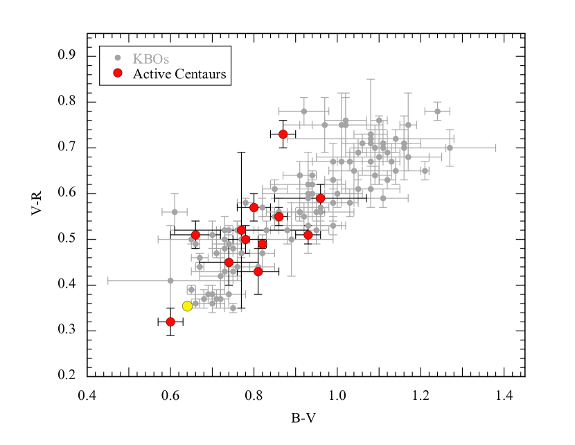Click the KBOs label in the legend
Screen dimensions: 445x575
pyautogui.click(x=150, y=59)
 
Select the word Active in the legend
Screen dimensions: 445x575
pyautogui.click(x=152, y=73)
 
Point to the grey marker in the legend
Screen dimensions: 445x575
pyautogui.click(x=118, y=58)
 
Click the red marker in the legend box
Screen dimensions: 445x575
pyautogui.click(x=118, y=73)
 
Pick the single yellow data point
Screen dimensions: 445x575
pyautogui.click(x=187, y=306)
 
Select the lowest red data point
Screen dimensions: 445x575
pyautogui.click(x=170, y=322)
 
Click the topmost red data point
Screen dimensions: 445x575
pyautogui.click(x=283, y=134)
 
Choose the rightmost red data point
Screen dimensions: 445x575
pyautogui.click(x=321, y=198)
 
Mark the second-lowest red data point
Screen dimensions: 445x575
pyautogui.click(x=258, y=271)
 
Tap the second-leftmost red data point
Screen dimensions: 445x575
pyautogui.click(x=195, y=235)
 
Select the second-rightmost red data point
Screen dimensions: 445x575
pyautogui.click(x=308, y=234)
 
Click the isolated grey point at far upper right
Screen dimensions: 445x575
pyautogui.click(x=437, y=111)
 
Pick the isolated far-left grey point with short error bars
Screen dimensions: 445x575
pyautogui.click(x=175, y=211)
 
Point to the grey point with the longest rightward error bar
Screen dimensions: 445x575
pyautogui.click(x=450, y=148)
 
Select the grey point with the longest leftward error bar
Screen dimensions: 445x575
pyautogui.click(x=170, y=281)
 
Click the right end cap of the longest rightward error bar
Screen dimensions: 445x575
pyautogui.click(x=495, y=148)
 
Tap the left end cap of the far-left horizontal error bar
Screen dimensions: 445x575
pyautogui.click(x=108, y=281)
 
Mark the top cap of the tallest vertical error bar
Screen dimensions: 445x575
pyautogui.click(x=371, y=79)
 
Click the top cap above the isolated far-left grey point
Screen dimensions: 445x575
pyautogui.click(x=175, y=194)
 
